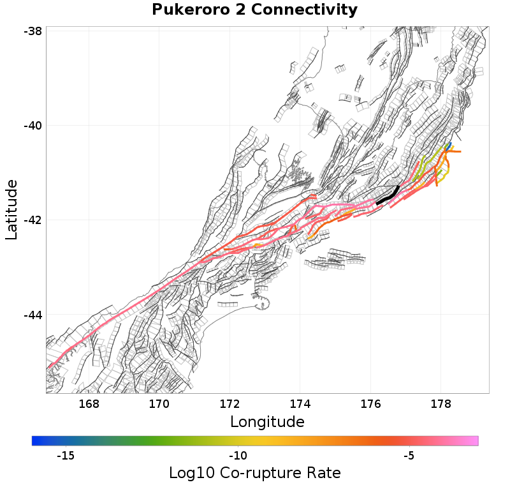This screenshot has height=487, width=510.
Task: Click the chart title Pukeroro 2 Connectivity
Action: (254, 10)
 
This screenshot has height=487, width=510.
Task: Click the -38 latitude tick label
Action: (33, 31)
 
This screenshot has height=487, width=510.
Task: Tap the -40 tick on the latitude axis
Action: (33, 126)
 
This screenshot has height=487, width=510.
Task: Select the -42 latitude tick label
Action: (33, 220)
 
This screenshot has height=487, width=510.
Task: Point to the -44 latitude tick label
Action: (33, 315)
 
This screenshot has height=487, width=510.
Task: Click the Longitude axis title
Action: (267, 422)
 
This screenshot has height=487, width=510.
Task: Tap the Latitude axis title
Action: (11, 209)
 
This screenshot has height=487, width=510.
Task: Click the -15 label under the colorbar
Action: (66, 456)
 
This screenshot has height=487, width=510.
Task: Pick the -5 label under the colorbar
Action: (409, 456)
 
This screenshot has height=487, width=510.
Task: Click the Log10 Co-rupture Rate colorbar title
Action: (254, 473)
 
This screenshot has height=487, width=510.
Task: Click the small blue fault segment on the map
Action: (449, 146)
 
